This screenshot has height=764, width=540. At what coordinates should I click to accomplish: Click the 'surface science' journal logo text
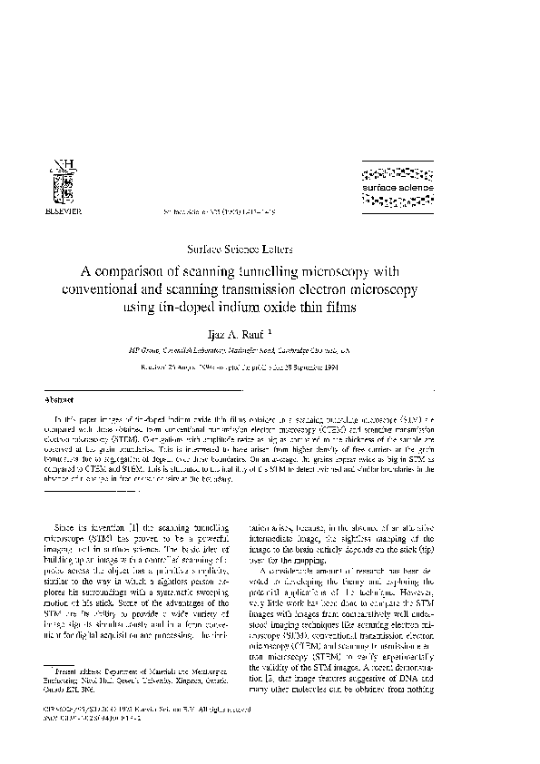tap(398, 188)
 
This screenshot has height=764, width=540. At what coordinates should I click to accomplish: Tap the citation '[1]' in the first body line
tap(135, 526)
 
